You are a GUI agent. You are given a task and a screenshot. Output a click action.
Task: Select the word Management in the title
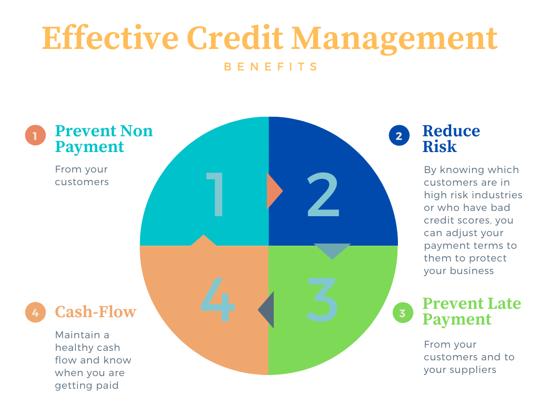(x=395, y=40)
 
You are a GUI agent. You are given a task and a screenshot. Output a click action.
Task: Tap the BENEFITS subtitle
(x=271, y=66)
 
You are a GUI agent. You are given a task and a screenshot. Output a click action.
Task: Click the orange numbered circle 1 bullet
(x=35, y=135)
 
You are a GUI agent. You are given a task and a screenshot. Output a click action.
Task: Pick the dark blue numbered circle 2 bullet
(x=399, y=135)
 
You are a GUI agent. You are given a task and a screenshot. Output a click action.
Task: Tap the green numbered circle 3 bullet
(x=403, y=312)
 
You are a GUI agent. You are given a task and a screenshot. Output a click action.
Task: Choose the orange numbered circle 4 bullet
(x=35, y=312)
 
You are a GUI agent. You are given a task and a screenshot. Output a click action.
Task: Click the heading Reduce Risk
(x=451, y=138)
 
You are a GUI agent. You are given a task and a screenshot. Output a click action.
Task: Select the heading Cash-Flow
(x=96, y=312)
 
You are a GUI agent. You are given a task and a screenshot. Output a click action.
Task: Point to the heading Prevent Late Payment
(x=472, y=311)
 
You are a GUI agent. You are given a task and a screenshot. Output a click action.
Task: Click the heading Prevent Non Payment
(x=104, y=138)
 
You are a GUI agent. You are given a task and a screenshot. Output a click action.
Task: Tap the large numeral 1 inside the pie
(x=215, y=194)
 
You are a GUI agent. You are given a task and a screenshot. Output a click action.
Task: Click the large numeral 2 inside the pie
(x=323, y=194)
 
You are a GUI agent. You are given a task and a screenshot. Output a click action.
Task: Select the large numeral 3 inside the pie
(x=322, y=299)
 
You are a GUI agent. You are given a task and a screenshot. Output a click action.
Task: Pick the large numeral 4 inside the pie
(x=217, y=299)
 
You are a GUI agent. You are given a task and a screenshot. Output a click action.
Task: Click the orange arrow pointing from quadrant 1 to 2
(x=274, y=190)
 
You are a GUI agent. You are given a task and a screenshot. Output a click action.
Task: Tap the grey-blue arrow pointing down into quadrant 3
(x=332, y=251)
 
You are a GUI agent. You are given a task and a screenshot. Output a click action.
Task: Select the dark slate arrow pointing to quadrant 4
(x=266, y=310)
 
